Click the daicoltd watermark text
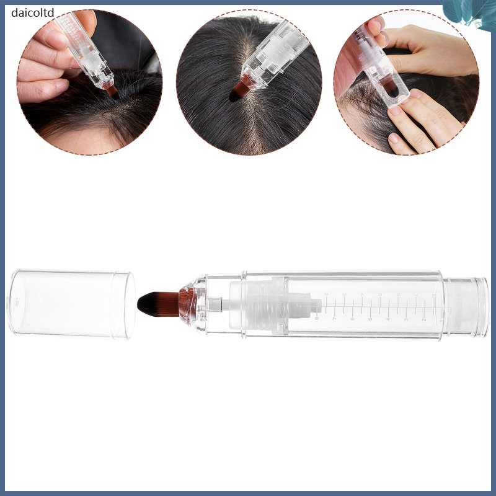coord(33,12)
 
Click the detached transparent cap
coord(71,304)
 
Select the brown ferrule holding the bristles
coord(187,305)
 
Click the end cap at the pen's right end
coord(466,305)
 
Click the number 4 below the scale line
coord(389,319)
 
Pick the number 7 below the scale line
coord(335,319)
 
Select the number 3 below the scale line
coord(407,319)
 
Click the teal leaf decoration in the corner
coord(469,13)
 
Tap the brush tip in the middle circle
coord(240,91)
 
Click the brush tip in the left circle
coord(112,91)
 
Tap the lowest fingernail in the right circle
coord(394,138)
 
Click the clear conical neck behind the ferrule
coord(200,305)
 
